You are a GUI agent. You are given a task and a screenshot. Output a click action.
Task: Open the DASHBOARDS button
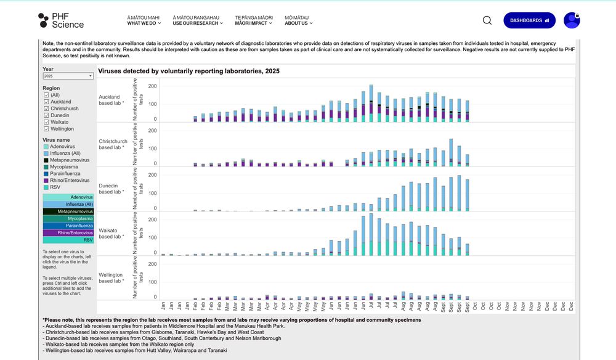click(x=529, y=20)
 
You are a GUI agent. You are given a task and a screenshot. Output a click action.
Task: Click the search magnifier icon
click(x=487, y=20)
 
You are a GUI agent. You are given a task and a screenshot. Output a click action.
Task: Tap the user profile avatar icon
click(x=572, y=20)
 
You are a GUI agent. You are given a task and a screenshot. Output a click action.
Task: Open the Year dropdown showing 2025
click(x=68, y=76)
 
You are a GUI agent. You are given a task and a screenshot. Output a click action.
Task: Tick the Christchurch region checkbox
click(x=46, y=108)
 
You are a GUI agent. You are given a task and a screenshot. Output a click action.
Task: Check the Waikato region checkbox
click(x=46, y=122)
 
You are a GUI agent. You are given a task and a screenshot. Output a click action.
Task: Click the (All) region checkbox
click(x=46, y=95)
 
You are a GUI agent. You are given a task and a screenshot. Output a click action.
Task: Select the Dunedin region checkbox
click(x=46, y=115)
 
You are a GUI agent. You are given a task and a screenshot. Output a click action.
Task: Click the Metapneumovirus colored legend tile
click(x=68, y=211)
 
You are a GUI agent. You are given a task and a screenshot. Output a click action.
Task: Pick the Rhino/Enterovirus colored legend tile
click(x=68, y=233)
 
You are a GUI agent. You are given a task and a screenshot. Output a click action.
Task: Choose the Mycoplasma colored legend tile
click(x=68, y=219)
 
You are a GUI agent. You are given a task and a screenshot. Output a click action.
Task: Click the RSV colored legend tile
click(x=68, y=240)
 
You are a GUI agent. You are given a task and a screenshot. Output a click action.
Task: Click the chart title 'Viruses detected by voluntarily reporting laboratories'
click(x=188, y=72)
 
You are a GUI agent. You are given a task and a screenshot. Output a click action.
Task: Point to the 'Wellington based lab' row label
click(x=111, y=278)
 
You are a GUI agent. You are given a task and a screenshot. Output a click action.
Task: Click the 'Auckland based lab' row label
click(x=111, y=100)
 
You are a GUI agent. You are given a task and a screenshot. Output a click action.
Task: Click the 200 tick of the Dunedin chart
click(x=153, y=175)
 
